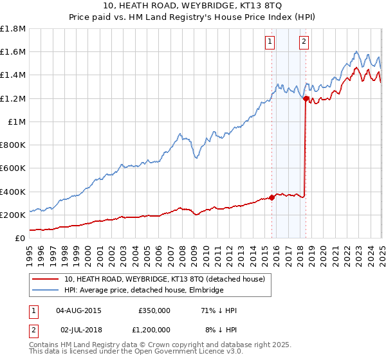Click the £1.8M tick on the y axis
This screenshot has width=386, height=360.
[x=14, y=29]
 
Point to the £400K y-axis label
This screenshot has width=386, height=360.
[x=12, y=192]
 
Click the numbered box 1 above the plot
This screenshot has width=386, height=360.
[x=269, y=42]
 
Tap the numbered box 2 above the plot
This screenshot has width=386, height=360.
[x=303, y=42]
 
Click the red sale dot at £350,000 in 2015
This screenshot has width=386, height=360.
[x=271, y=197]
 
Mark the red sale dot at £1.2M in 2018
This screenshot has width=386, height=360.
[x=306, y=98]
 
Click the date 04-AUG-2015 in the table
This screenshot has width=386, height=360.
[x=78, y=310]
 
